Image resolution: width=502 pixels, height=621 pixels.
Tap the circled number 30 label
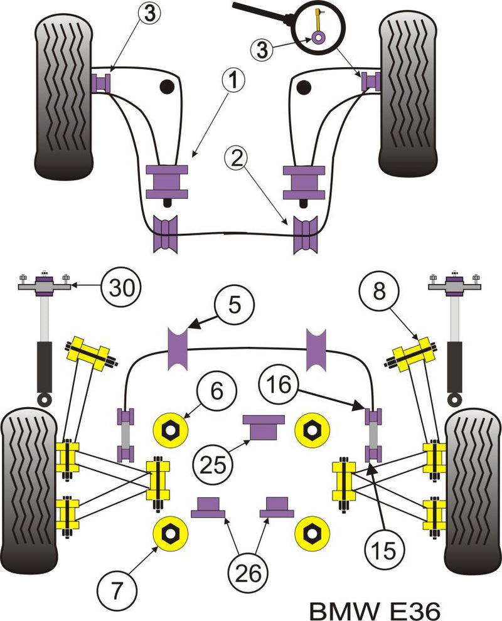(x=120, y=289)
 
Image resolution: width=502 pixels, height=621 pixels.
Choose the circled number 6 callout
(x=216, y=391)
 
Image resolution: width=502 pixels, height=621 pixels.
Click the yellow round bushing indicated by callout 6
(x=171, y=430)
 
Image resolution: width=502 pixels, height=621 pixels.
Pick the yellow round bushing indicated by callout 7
(x=171, y=534)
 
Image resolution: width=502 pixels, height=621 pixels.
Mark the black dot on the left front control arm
(x=168, y=87)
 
